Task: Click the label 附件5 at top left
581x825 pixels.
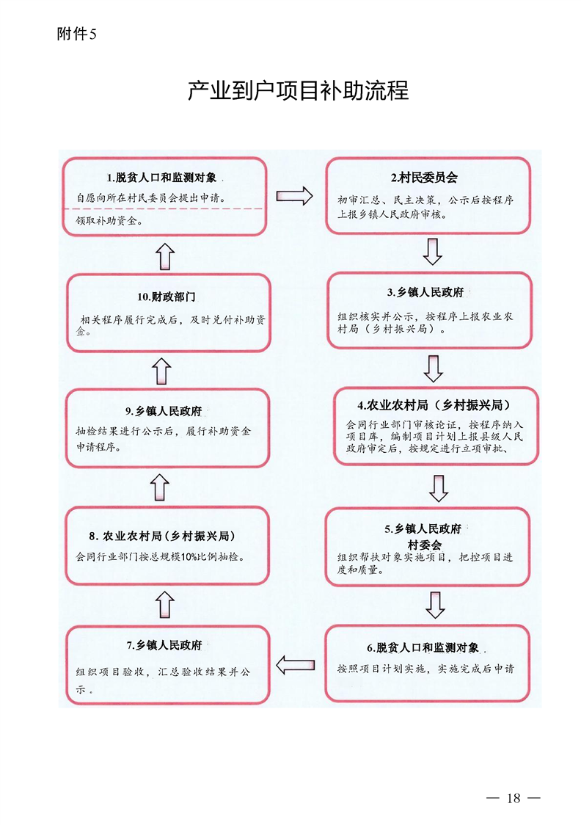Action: [x=77, y=34]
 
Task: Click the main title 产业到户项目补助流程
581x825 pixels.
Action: [x=298, y=90]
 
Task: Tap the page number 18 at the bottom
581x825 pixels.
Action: [x=514, y=798]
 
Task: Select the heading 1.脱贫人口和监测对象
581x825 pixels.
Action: [x=162, y=178]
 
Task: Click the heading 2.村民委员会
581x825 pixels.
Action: [x=424, y=178]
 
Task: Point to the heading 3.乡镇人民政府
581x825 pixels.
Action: [x=426, y=293]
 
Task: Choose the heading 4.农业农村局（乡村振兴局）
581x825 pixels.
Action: [x=434, y=405]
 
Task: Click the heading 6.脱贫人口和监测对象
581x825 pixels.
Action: [x=423, y=647]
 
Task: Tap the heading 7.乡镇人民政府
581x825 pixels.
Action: [x=164, y=645]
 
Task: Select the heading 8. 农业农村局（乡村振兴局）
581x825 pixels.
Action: [x=162, y=536]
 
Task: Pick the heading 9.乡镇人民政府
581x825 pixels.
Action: [x=164, y=411]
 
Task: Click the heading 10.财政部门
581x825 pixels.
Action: [x=166, y=297]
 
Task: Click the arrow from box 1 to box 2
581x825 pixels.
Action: [x=294, y=196]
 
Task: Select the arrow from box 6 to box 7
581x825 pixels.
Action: [x=295, y=664]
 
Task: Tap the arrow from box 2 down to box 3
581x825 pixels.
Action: [x=433, y=252]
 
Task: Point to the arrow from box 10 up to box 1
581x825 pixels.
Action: [x=166, y=256]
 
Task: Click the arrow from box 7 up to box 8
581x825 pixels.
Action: [x=165, y=604]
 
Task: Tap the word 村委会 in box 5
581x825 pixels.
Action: [x=425, y=545]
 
